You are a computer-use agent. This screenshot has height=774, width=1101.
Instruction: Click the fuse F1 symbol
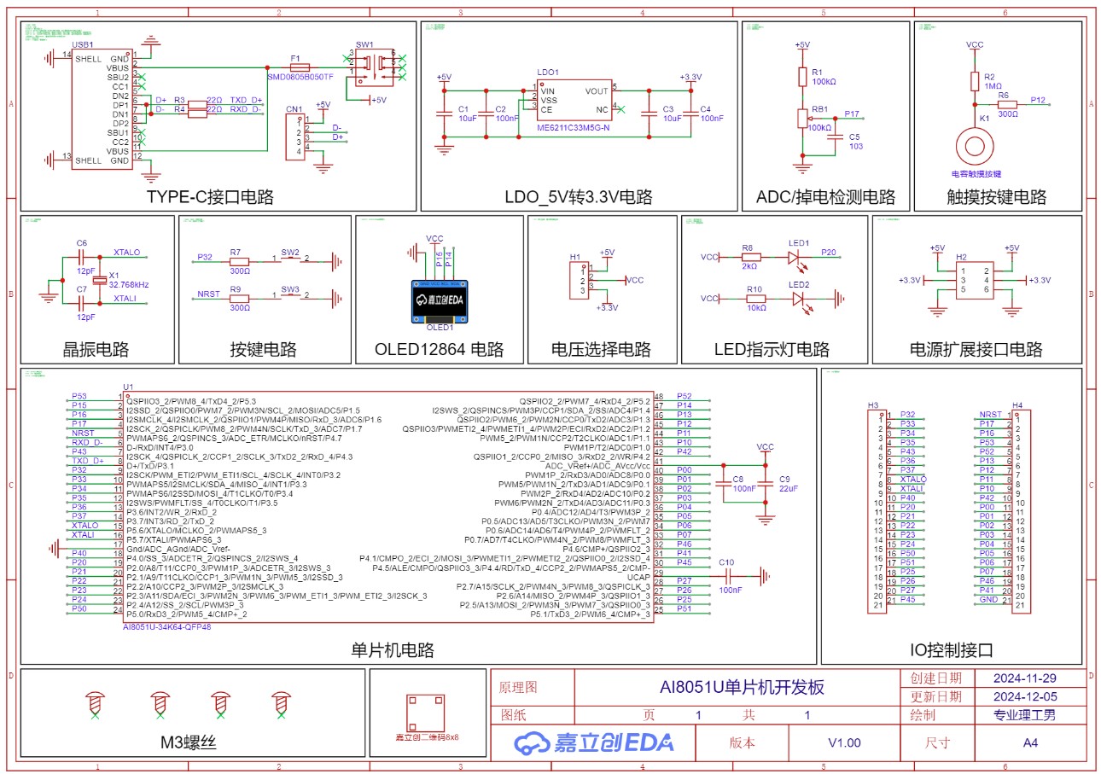300,67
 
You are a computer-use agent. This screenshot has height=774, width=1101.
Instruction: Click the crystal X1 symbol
100,279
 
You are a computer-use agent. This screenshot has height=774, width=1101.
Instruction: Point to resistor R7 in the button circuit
239,260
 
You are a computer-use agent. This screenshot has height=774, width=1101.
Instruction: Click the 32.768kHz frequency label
129,284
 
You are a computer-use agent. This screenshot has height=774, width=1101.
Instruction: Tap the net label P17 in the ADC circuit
851,113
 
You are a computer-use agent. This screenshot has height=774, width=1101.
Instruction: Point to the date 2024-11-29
1025,678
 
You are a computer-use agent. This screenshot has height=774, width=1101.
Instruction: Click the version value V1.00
844,742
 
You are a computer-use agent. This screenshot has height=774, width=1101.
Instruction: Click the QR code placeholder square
426,712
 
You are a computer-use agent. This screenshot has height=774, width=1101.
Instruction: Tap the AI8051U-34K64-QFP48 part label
166,626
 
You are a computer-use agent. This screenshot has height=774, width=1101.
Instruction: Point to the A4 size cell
1030,742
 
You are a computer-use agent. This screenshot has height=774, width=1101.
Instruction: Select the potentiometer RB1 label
820,109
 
